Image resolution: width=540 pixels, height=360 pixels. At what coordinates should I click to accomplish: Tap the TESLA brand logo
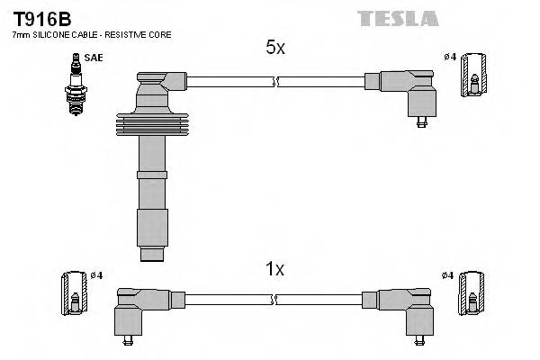[x=398, y=18]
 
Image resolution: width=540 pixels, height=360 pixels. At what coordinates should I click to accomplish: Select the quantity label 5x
[x=275, y=49]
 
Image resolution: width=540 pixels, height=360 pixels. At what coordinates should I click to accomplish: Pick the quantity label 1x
[x=275, y=268]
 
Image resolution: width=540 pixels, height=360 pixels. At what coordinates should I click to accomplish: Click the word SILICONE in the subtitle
[x=52, y=34]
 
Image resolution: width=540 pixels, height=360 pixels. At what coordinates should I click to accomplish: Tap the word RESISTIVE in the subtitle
[x=131, y=34]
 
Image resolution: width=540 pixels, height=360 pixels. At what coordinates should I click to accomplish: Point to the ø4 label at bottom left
[x=96, y=274]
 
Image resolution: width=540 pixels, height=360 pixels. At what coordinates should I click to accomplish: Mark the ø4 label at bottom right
[x=448, y=275]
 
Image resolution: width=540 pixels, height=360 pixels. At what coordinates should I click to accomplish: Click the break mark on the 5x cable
[x=275, y=82]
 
